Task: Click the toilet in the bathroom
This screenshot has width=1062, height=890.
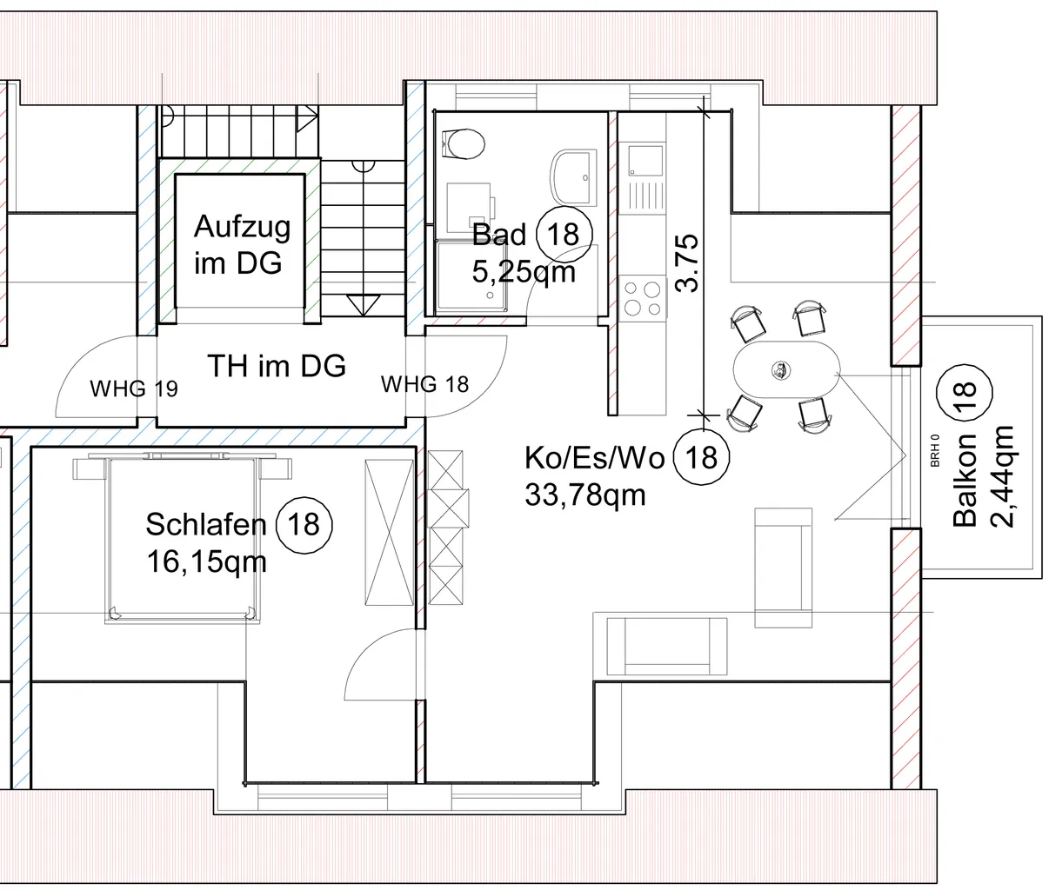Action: tap(463, 143)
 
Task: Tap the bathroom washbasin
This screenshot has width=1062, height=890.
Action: tap(574, 177)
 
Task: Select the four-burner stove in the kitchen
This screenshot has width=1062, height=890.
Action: tap(643, 298)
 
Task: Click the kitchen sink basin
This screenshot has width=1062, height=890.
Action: tap(645, 160)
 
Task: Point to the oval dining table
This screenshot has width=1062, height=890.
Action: tap(786, 370)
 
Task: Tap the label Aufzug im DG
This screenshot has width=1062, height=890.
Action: tap(242, 244)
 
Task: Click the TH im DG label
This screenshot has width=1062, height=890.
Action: tap(277, 366)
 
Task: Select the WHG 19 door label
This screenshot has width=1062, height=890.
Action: tap(134, 389)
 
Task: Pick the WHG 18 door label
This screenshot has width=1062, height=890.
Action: tap(424, 384)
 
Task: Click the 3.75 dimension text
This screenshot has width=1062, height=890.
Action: tap(687, 262)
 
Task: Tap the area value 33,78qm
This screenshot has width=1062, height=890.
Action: tap(584, 495)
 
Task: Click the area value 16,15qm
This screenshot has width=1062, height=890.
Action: tap(206, 561)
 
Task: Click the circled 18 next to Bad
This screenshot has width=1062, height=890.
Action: tap(564, 235)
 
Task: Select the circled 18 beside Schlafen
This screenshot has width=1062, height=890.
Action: tap(304, 525)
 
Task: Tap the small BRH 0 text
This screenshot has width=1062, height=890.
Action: tap(935, 450)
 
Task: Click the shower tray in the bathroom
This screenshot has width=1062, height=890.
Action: tap(471, 276)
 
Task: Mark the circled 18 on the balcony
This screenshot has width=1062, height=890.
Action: tap(964, 392)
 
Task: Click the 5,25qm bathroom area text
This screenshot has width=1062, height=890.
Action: tap(524, 272)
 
